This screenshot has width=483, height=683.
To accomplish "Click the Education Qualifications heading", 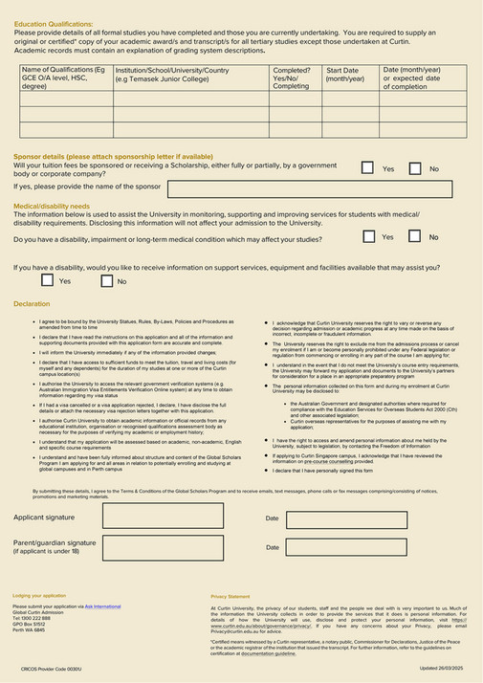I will (x=54, y=22).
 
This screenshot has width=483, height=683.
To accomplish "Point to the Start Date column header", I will (x=345, y=75).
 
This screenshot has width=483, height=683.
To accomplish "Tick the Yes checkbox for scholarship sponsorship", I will (x=367, y=168).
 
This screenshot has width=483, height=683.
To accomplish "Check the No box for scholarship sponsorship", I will (x=415, y=168).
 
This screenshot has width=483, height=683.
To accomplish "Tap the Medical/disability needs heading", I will (x=52, y=206).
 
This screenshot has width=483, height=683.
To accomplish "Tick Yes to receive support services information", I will (x=47, y=281).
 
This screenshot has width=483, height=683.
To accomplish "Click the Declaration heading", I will (x=32, y=303).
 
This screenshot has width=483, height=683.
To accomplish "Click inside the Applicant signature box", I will (x=162, y=517).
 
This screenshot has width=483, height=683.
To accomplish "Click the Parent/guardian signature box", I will (x=162, y=547).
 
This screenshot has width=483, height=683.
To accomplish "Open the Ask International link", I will (x=102, y=606).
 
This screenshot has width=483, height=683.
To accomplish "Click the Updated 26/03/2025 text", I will (x=443, y=668).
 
